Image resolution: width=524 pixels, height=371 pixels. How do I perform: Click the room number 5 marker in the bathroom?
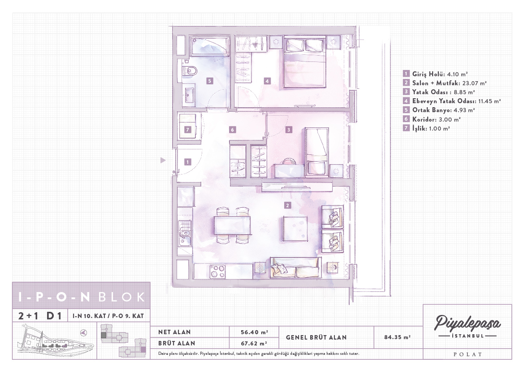point(209,81)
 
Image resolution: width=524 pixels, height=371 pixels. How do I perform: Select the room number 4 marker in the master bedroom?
point(267,81)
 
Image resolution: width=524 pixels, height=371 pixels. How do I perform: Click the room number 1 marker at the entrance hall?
point(188,162)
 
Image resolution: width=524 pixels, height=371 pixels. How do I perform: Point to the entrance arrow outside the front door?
point(163,160)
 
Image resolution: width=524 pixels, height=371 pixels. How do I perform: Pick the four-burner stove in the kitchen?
point(217,271)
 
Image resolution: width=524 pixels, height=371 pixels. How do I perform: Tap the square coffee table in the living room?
point(295,228)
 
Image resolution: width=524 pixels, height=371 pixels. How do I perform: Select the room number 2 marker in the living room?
point(287,205)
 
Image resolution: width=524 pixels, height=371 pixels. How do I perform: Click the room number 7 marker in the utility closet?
point(188,130)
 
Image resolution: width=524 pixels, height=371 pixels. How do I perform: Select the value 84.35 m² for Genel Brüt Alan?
point(397,337)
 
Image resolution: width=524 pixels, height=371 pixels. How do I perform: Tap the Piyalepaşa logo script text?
point(468,323)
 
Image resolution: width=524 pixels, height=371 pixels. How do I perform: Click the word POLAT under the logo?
point(468,354)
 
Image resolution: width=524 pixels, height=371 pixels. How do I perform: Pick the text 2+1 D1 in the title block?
point(40,316)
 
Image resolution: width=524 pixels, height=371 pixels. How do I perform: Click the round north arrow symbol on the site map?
point(83,332)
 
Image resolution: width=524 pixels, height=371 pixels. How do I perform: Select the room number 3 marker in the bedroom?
point(289,130)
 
